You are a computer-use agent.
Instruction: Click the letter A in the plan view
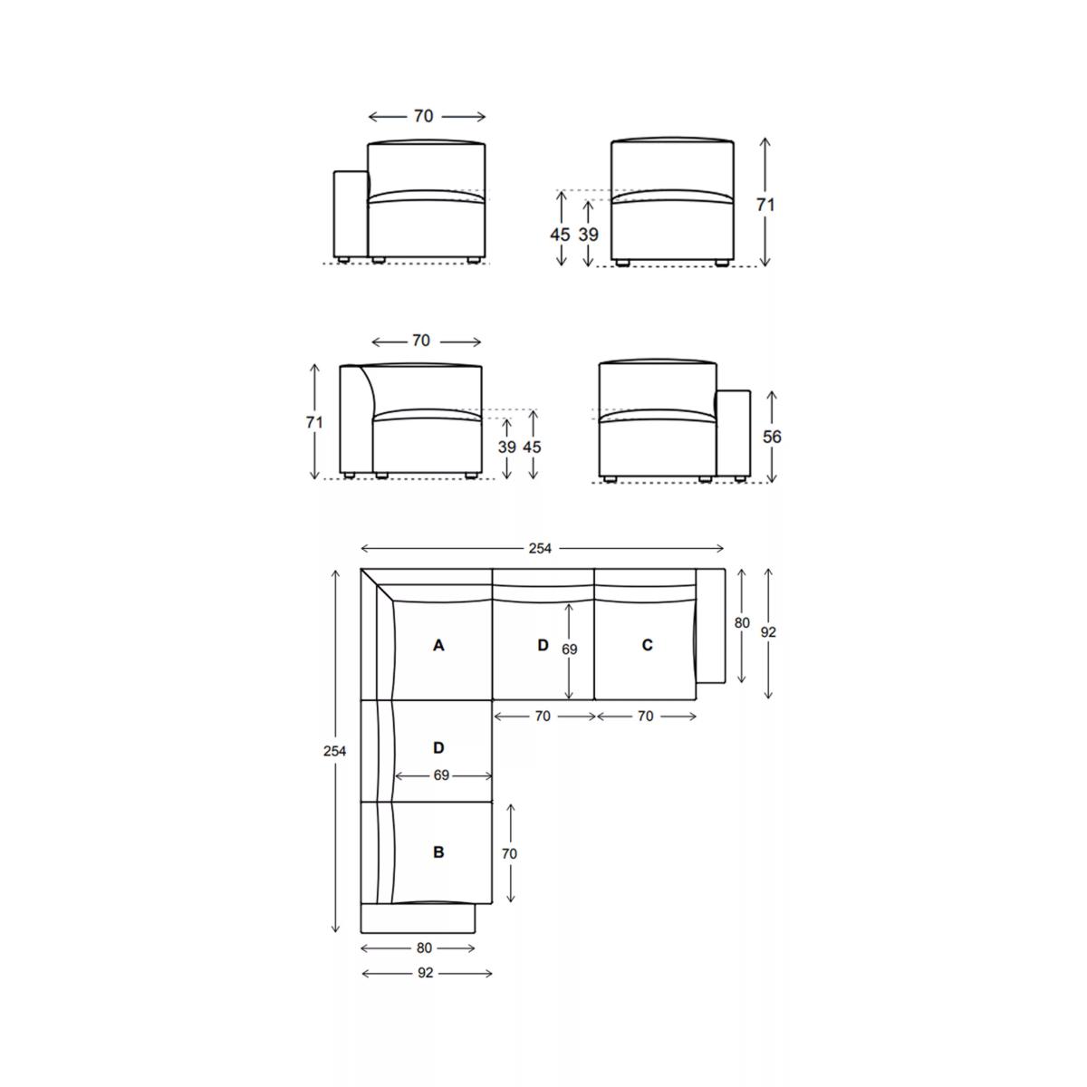coord(438,645)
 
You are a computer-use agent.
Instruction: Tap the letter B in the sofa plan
coord(438,851)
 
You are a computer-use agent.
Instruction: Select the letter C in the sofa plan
coord(647,645)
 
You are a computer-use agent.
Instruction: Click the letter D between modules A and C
coord(543,645)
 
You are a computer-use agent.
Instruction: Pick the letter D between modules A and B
coord(438,747)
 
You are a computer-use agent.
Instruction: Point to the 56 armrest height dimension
coord(772,437)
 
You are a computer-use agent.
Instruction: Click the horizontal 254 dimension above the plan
coord(540,548)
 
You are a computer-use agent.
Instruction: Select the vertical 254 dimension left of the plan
coord(334,751)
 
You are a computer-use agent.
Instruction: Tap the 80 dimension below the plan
coord(424,948)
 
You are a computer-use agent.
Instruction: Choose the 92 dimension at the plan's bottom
coord(426,973)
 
